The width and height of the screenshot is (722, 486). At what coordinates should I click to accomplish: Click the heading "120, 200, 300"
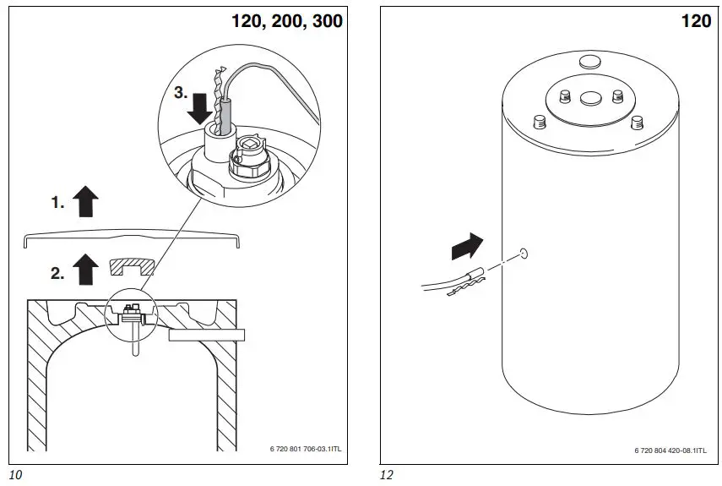pyautogui.click(x=287, y=21)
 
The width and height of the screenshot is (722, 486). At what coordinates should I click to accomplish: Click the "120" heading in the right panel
pyautogui.click(x=696, y=21)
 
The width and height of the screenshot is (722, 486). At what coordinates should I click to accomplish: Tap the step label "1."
pyautogui.click(x=57, y=203)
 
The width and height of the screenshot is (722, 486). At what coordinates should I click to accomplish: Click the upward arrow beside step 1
pyautogui.click(x=86, y=203)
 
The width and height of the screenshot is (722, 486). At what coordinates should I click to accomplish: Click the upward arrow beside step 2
pyautogui.click(x=86, y=270)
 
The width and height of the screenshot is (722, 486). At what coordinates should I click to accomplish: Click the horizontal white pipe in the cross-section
pyautogui.click(x=205, y=336)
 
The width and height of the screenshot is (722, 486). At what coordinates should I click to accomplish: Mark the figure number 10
pyautogui.click(x=14, y=475)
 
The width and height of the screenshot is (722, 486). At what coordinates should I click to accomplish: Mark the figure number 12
pyautogui.click(x=386, y=475)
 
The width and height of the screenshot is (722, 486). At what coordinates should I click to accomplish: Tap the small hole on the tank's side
pyautogui.click(x=524, y=253)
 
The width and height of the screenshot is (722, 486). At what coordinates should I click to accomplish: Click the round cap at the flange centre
pyautogui.click(x=588, y=99)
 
